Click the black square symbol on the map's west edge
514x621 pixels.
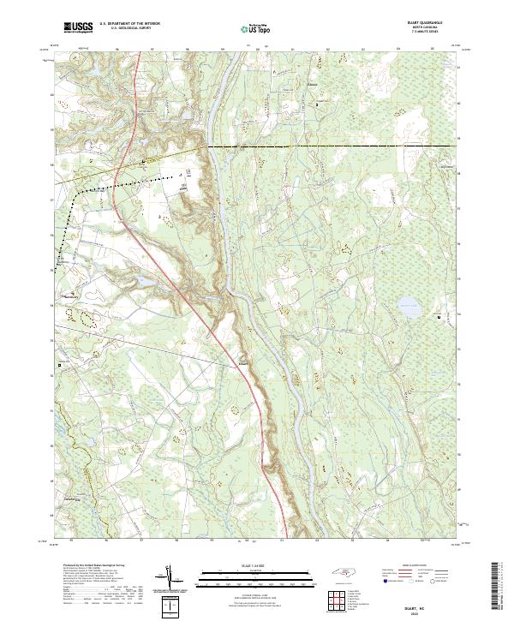59,365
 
